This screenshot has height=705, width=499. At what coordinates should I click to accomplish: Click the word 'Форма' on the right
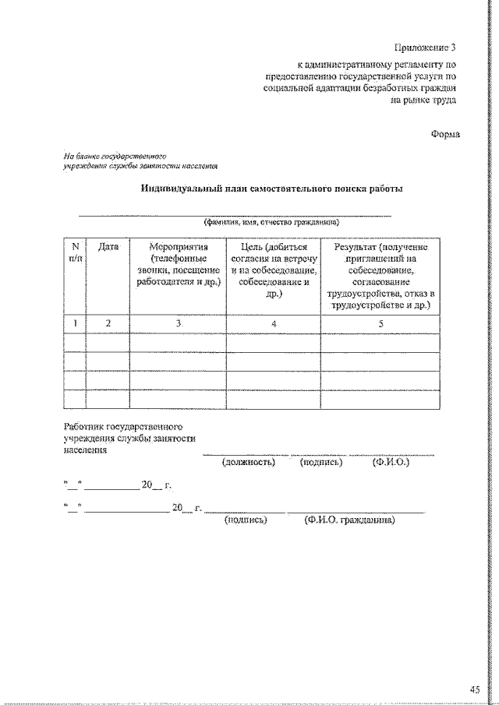(x=445, y=134)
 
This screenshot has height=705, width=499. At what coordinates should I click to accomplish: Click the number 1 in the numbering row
(x=75, y=323)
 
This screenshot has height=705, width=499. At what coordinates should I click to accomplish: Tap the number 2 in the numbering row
(x=108, y=323)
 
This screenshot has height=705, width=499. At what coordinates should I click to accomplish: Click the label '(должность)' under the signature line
(x=249, y=462)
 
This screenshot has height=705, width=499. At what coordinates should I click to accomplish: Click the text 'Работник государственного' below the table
(x=123, y=427)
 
